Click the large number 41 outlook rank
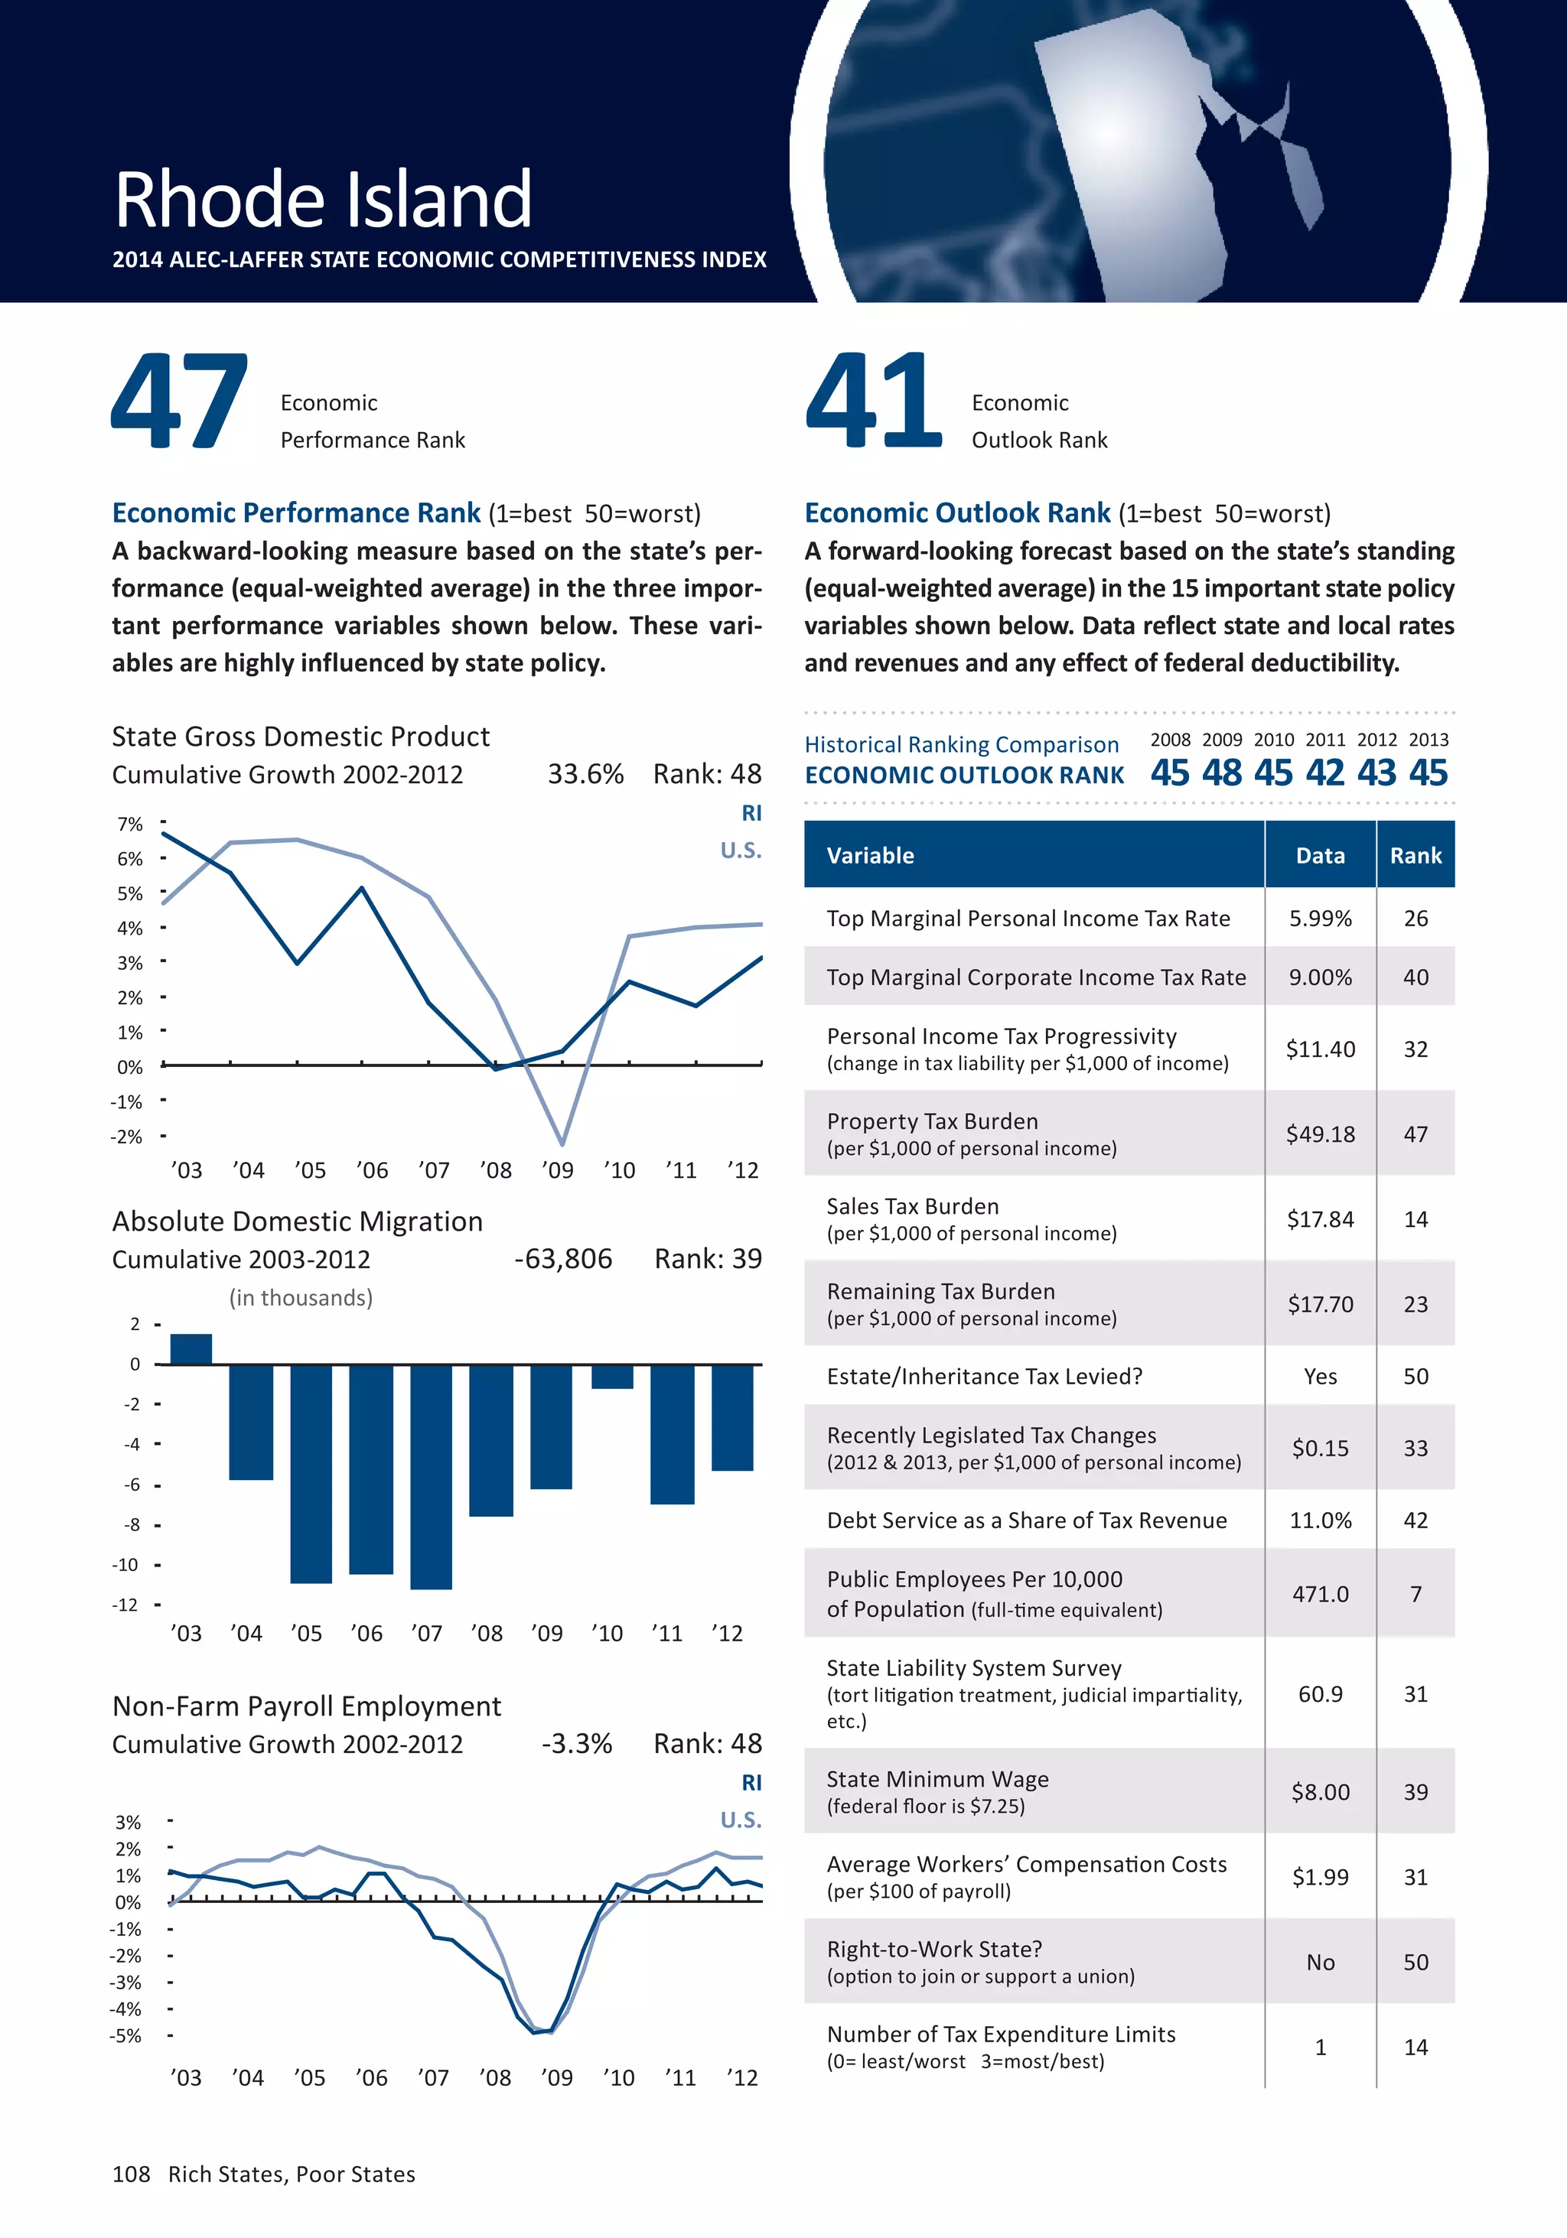click(x=873, y=401)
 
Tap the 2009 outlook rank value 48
click(x=1221, y=773)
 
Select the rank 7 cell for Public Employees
click(x=1415, y=1594)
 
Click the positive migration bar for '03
click(x=191, y=1349)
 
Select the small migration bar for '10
click(x=612, y=1376)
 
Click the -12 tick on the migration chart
click(x=125, y=1605)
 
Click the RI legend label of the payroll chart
click(x=751, y=1783)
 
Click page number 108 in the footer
click(x=131, y=2175)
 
